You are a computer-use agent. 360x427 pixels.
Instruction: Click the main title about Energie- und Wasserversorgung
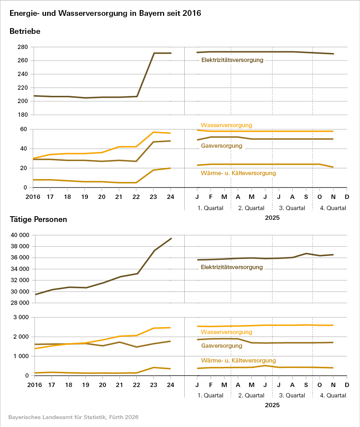coord(105,13)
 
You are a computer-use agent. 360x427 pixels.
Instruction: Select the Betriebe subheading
coord(25,31)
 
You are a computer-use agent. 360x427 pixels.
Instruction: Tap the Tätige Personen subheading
coord(38,219)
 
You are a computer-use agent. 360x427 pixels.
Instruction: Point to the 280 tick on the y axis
coord(23,47)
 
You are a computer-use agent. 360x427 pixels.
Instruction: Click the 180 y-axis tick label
coord(23,115)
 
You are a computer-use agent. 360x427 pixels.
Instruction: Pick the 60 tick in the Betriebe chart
coord(24,129)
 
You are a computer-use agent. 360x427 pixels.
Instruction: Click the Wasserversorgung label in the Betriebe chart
coord(226,125)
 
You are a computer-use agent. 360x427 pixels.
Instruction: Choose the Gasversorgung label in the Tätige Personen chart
coord(221,346)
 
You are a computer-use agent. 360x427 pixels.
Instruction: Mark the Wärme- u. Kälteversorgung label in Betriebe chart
coord(238,173)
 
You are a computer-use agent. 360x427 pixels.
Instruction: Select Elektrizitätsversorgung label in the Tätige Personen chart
coord(232,267)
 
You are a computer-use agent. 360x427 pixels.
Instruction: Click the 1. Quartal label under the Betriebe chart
coord(211,208)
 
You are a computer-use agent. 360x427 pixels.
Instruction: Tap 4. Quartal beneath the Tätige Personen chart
coord(333,395)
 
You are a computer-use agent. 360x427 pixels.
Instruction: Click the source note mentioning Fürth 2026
coord(73,417)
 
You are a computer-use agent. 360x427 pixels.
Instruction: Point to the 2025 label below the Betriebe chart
coord(272,218)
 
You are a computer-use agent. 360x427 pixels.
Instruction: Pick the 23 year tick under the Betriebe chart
coord(154,197)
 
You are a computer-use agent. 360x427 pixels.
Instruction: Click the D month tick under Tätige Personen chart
coord(347,384)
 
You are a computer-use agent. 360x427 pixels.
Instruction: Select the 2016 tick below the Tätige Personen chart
coord(35,384)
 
